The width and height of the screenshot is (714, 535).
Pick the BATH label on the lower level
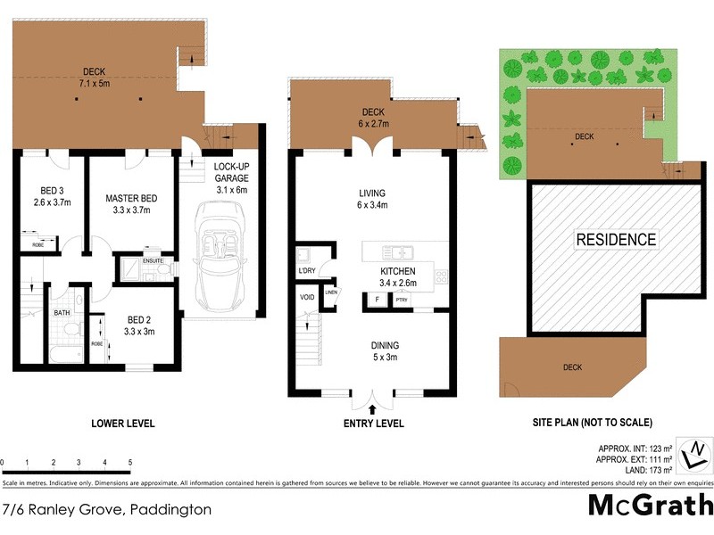[62, 313]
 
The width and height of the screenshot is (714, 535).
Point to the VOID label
[306, 298]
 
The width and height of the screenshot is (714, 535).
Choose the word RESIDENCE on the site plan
[615, 239]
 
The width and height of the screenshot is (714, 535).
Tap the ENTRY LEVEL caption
[374, 424]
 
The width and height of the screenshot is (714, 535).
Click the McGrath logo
[650, 506]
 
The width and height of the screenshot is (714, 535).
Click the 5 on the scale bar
[130, 463]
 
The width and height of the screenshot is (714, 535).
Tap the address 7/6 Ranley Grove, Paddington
[107, 511]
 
